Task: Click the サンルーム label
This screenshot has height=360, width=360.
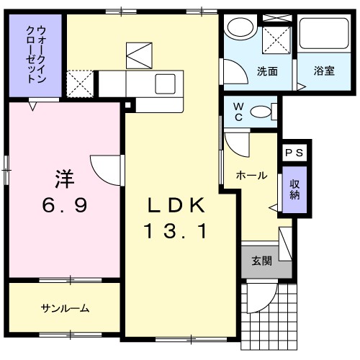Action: (65, 308)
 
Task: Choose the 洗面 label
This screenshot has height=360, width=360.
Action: (267, 71)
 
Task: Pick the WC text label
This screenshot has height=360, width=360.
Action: (238, 112)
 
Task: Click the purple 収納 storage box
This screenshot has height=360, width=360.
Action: (294, 190)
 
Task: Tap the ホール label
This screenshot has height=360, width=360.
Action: (252, 175)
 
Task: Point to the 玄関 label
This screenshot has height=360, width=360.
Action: (261, 261)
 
